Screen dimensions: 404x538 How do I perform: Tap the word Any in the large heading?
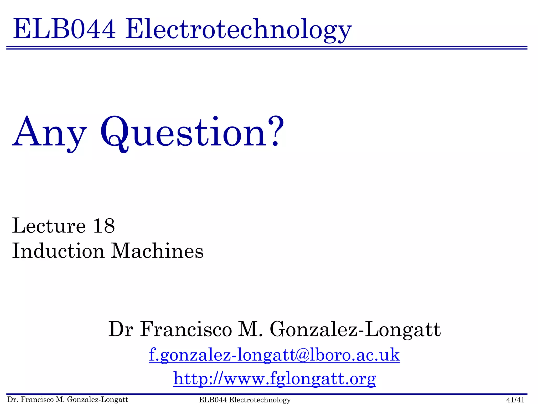49,133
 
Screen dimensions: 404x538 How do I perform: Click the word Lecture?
49,226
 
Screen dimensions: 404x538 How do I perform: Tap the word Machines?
157,251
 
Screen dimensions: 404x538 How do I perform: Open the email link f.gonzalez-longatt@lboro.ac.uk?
274,355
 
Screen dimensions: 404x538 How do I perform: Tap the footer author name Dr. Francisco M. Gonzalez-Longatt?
68,400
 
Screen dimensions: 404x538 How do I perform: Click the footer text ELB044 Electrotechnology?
245,400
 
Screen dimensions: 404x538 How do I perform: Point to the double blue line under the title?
267,48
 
